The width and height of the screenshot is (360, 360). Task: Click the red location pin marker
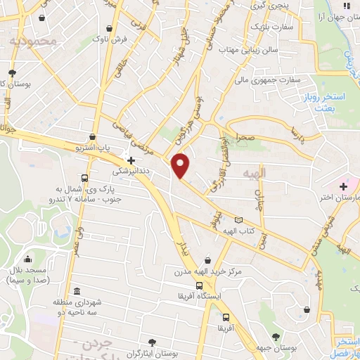point(181,165)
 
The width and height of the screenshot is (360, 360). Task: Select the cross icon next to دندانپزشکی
point(131,160)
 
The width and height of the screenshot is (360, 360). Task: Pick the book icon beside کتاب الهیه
point(238,221)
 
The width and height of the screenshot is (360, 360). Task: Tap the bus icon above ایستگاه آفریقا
point(200,285)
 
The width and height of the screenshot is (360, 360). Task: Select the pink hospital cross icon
point(343,186)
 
